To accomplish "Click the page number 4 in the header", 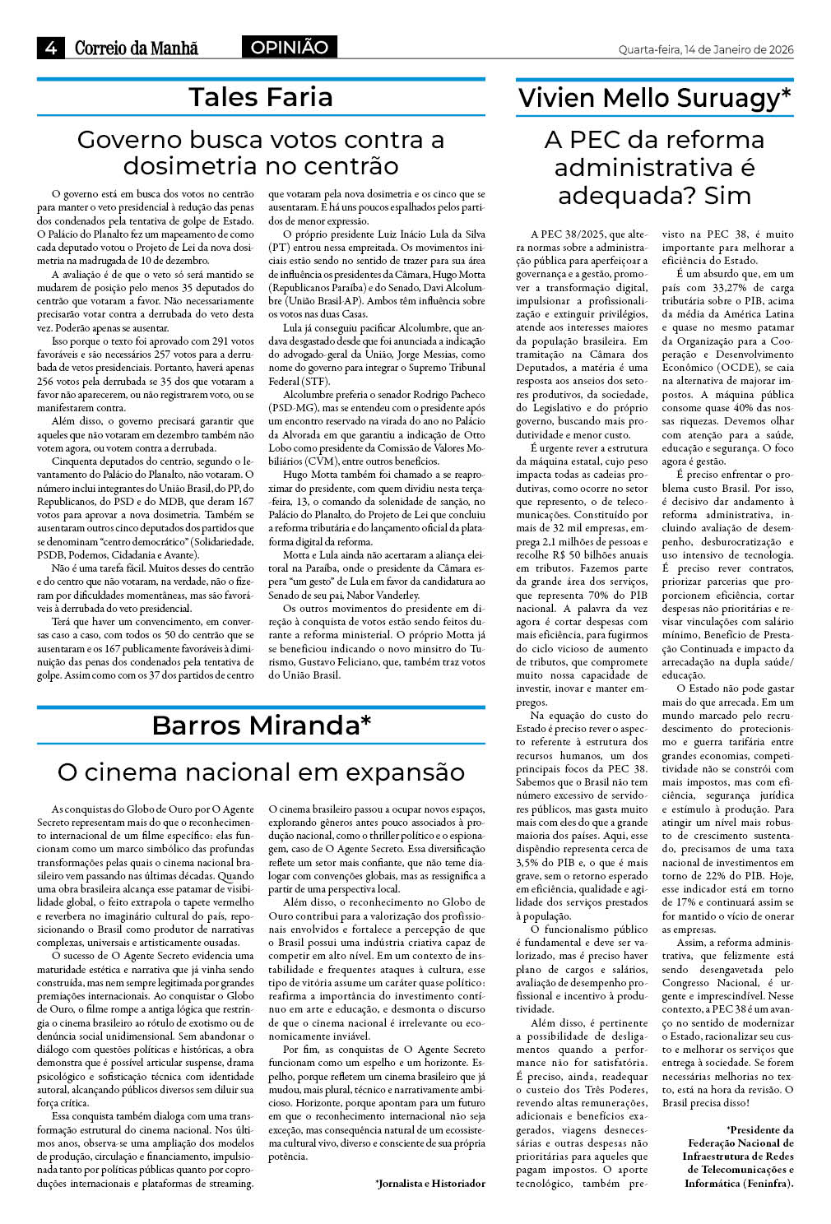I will coord(51,49).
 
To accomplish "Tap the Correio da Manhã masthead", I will coord(137,49).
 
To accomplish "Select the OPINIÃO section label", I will coord(289,48).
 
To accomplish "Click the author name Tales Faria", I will coord(261,97).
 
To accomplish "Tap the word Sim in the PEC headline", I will coord(727,196).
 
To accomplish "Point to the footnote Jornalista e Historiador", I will coord(430,1184).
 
